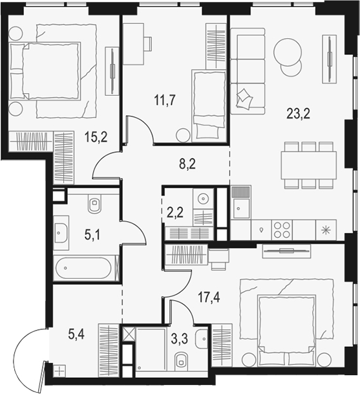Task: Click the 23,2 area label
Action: coord(298,114)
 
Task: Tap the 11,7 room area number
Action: coord(165,100)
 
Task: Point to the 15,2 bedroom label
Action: coord(96,137)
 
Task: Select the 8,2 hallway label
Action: coord(187,164)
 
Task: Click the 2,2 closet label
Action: coord(175,213)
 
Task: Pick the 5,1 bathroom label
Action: coord(92,235)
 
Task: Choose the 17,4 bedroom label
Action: coord(209,298)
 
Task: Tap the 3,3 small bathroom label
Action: coord(180,339)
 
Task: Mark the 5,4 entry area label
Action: coord(76,334)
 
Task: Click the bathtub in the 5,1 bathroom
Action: coord(83,268)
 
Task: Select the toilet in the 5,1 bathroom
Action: coord(94,203)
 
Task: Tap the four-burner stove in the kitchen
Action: coord(282,230)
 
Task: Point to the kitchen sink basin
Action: coord(241,208)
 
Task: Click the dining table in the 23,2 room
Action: coord(309,165)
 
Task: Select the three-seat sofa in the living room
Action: coord(248,71)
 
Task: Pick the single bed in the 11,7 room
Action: coord(209,106)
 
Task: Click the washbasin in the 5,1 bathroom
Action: coord(61,233)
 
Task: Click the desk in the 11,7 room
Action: coord(133,44)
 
